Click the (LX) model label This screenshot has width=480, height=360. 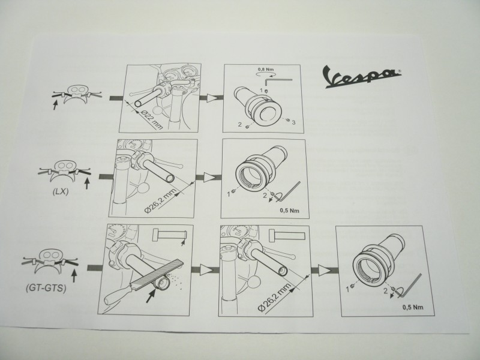(60, 192)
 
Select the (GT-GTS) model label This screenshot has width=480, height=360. (46, 288)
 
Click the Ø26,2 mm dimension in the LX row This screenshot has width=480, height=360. (160, 201)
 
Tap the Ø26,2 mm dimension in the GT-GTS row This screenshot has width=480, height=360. (274, 296)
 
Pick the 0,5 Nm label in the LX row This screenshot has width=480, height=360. (289, 211)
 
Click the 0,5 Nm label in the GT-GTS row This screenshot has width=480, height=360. (413, 307)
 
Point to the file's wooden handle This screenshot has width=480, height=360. (118, 293)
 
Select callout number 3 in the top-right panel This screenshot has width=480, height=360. (293, 123)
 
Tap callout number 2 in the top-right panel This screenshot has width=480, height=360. (240, 124)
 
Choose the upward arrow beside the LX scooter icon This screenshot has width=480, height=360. (87, 184)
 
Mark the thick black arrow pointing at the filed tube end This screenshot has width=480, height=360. (151, 296)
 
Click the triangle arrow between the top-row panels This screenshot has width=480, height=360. (211, 98)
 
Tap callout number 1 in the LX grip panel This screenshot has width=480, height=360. (228, 194)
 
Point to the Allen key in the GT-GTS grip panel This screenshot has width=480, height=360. (410, 286)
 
